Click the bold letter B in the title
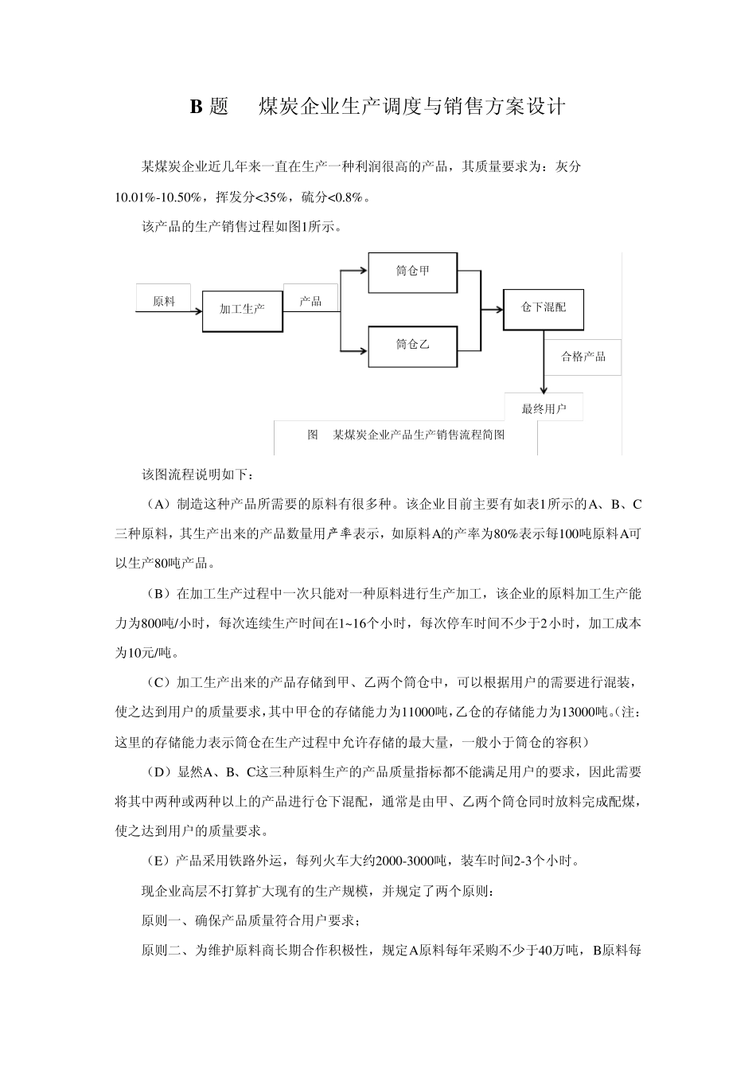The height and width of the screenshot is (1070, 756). pos(196,107)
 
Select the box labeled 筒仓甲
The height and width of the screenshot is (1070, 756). pos(412,271)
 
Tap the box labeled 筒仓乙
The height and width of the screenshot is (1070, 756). pos(412,345)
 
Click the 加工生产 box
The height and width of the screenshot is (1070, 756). pos(242,308)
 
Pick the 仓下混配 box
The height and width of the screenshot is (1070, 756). pos(544,307)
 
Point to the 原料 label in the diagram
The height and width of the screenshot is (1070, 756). pos(164,301)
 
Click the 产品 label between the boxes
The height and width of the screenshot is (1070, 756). pos(310,300)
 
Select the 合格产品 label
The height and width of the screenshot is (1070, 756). pos(583,357)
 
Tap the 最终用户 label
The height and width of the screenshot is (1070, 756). pos(544,409)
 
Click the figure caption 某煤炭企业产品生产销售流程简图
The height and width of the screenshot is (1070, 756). pos(419,435)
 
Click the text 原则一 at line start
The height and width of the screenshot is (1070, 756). pos(159,921)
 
